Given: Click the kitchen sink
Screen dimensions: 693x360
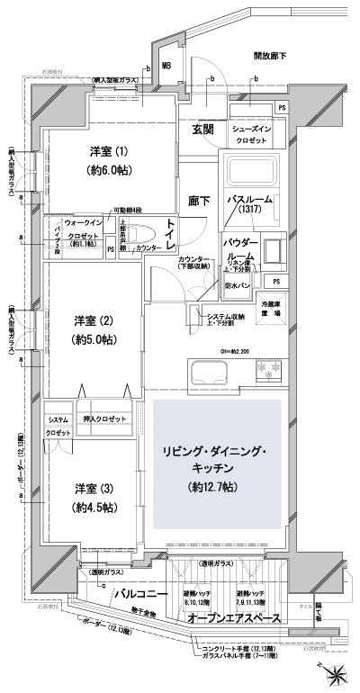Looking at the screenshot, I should [211, 369].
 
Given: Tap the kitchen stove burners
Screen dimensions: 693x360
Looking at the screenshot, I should [267, 369].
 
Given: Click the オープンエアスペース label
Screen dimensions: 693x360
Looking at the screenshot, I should [233, 621].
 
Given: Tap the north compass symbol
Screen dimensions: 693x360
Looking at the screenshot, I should [336, 670].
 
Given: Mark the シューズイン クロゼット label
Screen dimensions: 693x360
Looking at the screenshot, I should [258, 135].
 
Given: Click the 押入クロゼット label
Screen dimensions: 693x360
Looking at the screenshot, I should [103, 419].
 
